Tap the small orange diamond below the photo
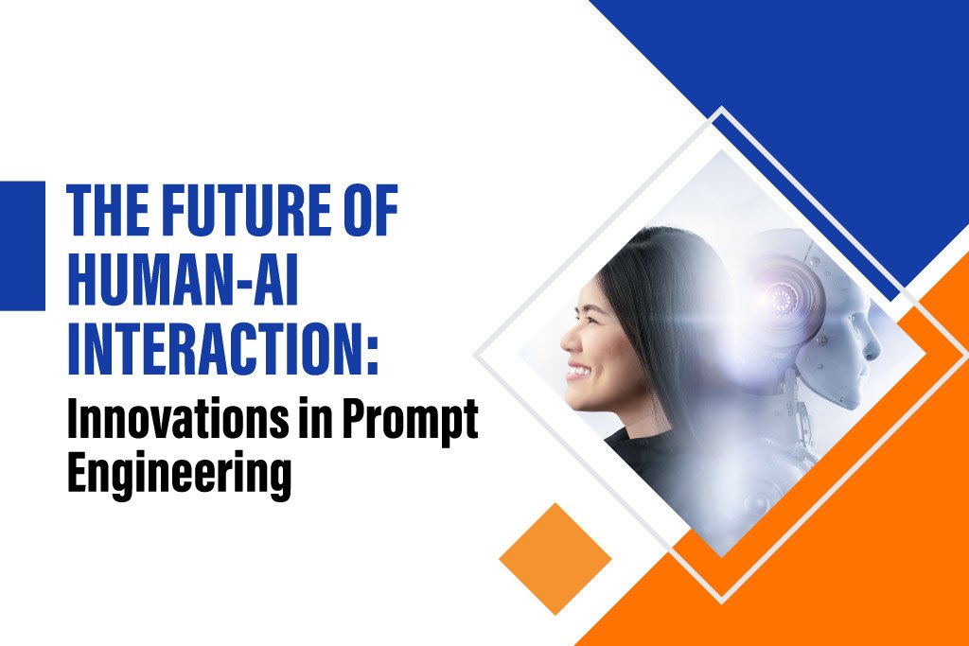click(555, 558)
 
